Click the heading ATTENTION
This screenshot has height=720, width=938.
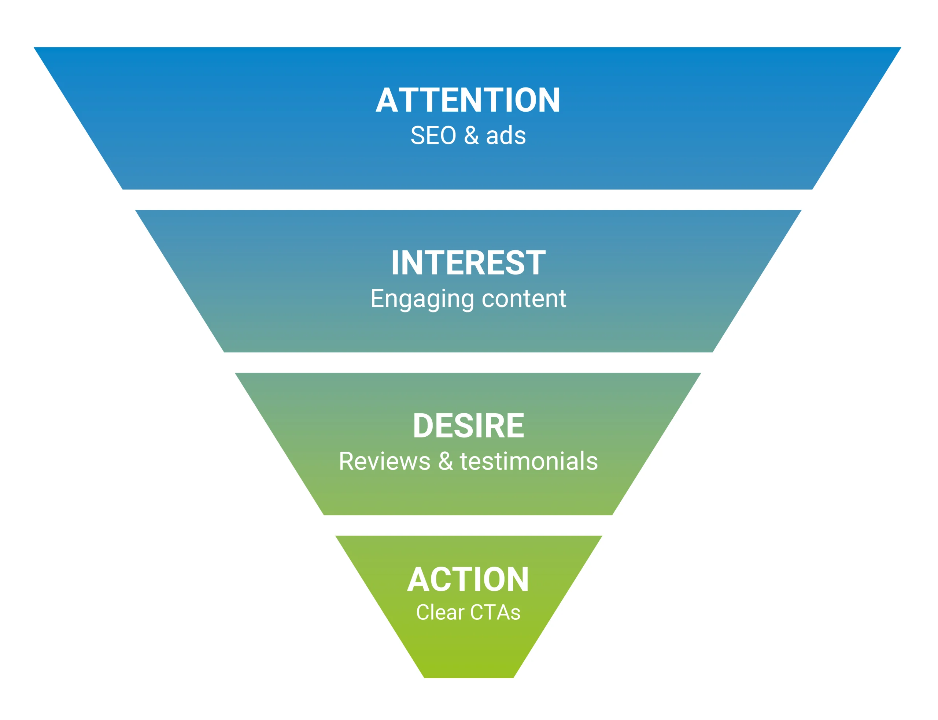point(468,100)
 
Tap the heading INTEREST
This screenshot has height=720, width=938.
point(468,263)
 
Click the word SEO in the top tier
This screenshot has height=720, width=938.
point(433,135)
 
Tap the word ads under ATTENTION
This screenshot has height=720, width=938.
point(506,135)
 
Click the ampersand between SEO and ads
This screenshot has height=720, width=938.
point(471,135)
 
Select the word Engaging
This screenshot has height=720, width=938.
point(422,299)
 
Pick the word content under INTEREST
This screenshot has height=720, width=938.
point(524,298)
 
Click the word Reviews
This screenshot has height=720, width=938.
point(384,461)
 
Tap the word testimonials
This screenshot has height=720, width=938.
point(528,461)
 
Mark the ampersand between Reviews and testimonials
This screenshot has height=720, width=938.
point(446,461)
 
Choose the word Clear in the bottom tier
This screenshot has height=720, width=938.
point(440,612)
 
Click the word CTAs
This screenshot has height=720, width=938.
point(495,612)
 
